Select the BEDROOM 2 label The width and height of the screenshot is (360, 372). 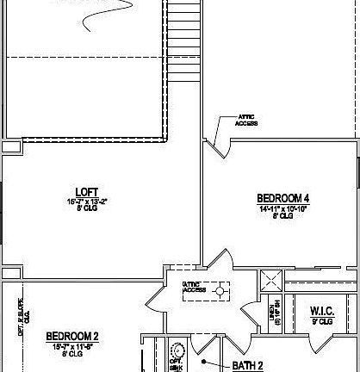[x=72, y=336]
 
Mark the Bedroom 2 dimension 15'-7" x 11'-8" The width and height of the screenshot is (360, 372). [x=72, y=345]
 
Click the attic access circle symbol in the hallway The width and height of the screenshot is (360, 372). [x=220, y=292]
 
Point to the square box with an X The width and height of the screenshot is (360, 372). [x=272, y=280]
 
